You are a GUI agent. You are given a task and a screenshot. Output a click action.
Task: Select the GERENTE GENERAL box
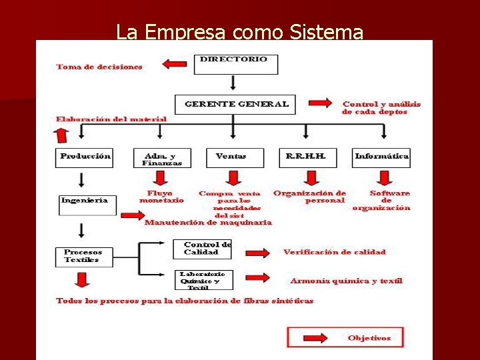[x=236, y=105]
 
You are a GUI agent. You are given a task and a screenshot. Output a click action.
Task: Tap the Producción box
[x=85, y=157]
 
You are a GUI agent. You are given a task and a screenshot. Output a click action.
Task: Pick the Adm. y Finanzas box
[x=162, y=158]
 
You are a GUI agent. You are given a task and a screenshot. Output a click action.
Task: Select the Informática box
[x=381, y=157]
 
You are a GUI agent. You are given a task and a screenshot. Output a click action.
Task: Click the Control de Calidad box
[x=203, y=249]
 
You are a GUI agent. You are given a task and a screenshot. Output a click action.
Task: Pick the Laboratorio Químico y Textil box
[x=203, y=280]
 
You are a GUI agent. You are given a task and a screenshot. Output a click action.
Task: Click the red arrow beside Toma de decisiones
[x=175, y=65]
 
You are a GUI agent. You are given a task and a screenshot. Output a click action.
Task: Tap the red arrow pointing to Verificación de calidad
[x=257, y=252]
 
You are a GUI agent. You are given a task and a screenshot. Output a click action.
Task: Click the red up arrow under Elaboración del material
[x=62, y=136]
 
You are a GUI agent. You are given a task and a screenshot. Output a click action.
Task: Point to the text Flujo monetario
[x=161, y=196]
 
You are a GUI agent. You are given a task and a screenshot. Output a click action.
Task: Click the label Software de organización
[x=382, y=201]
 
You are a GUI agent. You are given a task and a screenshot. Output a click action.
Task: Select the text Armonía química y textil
[x=346, y=281]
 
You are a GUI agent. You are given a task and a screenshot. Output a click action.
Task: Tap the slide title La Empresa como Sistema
[x=239, y=31]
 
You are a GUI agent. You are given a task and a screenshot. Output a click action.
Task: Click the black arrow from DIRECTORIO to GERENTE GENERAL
[x=233, y=83]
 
